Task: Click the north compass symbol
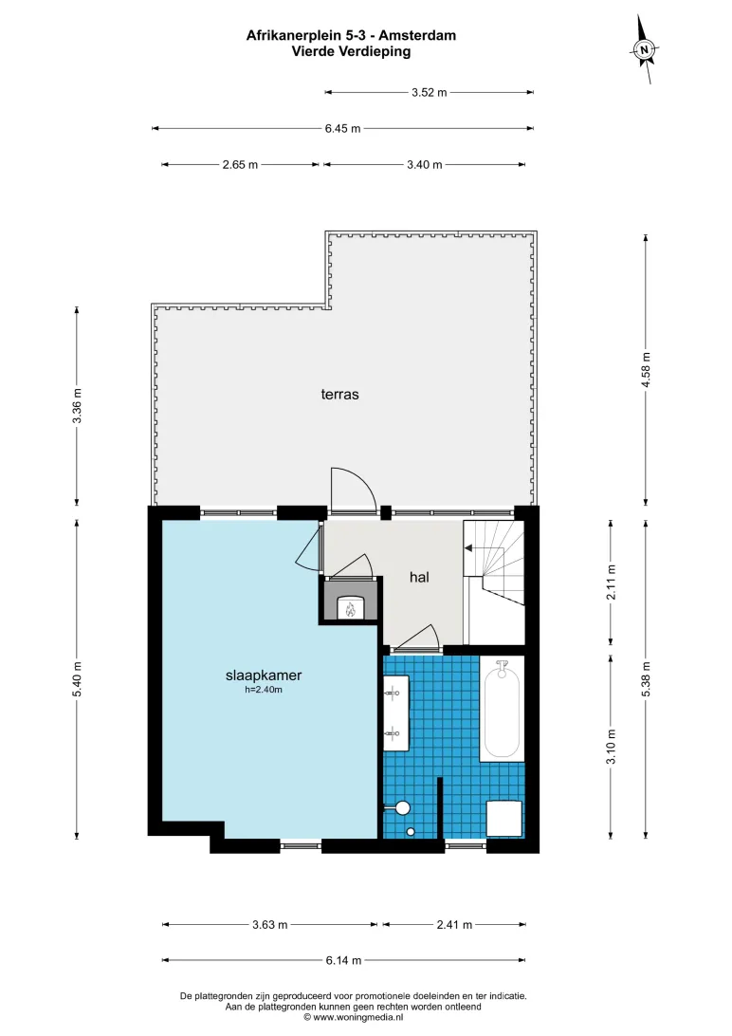point(644,49)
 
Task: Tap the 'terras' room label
point(340,395)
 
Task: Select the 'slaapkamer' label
point(264,675)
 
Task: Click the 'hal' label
point(419,577)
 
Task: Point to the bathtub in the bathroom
point(502,709)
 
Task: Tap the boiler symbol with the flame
point(351,608)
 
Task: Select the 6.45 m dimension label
point(342,128)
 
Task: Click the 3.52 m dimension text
point(429,93)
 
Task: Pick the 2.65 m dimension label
point(240,164)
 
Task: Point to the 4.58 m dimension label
point(647,370)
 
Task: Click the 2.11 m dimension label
point(612,583)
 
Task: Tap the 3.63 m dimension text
point(270,924)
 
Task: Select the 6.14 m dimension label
point(343,960)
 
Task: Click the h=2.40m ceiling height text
point(264,690)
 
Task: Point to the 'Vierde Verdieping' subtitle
point(351,51)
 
